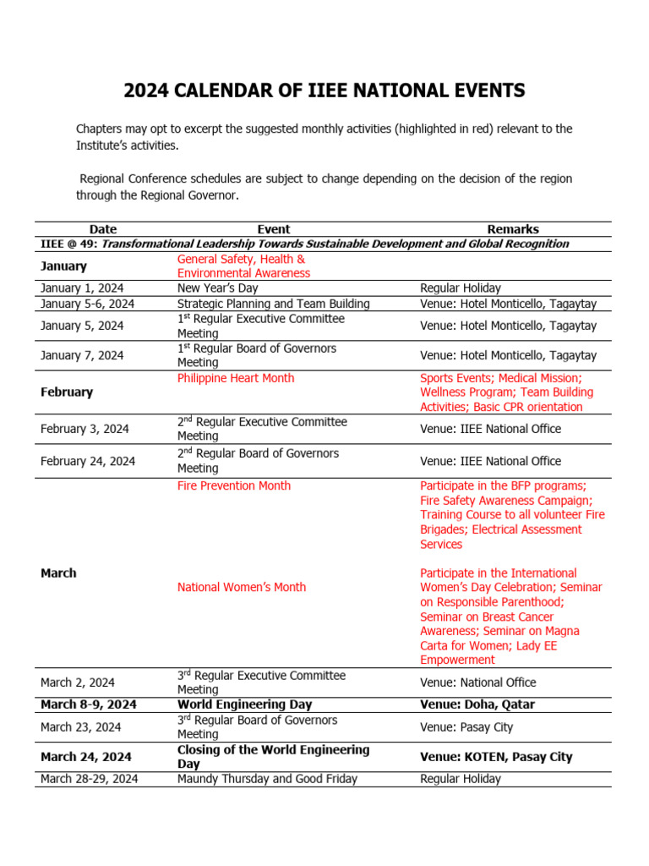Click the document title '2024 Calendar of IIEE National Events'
tap(324, 90)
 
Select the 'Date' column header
tap(102, 229)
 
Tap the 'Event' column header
tap(273, 229)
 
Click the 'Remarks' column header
tap(512, 229)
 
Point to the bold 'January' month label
tap(63, 266)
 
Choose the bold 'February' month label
tap(67, 392)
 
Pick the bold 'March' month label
tap(58, 573)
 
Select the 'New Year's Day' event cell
tap(217, 288)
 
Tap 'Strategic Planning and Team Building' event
tap(273, 304)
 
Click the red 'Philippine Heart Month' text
tap(236, 378)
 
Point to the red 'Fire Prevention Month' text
tap(234, 485)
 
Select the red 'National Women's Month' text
tap(242, 587)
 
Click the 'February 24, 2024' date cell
tap(87, 461)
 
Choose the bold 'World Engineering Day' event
tap(244, 704)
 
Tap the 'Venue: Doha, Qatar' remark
tap(477, 704)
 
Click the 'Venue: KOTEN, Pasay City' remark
tap(495, 757)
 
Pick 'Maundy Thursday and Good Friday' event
tap(267, 779)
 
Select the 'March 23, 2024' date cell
tap(80, 727)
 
